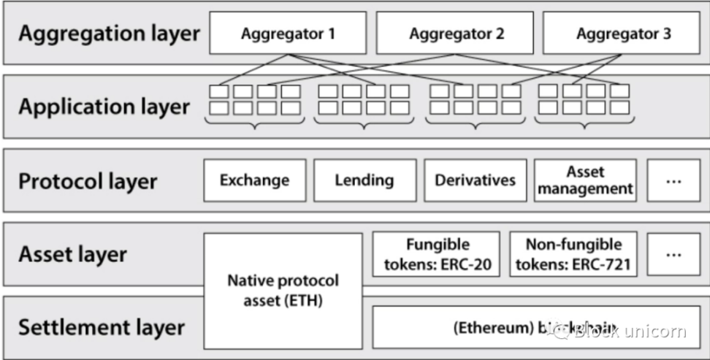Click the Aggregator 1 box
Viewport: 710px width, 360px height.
pyautogui.click(x=289, y=34)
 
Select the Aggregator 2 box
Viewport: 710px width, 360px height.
pyautogui.click(x=456, y=34)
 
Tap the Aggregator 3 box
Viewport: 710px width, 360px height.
pyautogui.click(x=623, y=34)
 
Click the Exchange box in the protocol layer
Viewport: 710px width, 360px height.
pyautogui.click(x=254, y=180)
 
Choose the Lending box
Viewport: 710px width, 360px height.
pyautogui.click(x=364, y=180)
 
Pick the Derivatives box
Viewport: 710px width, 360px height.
pyautogui.click(x=475, y=180)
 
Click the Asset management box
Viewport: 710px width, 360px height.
pyautogui.click(x=585, y=180)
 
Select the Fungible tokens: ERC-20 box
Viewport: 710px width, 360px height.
pyautogui.click(x=437, y=254)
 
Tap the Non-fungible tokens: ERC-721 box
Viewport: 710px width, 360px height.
pyautogui.click(x=573, y=254)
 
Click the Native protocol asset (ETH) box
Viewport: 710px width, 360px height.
pyautogui.click(x=283, y=290)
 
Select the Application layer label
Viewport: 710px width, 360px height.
pyautogui.click(x=104, y=107)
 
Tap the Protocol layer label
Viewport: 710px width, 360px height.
pyautogui.click(x=88, y=181)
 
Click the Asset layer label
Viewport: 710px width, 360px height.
pyautogui.click(x=73, y=254)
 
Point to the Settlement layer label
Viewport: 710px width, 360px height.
pyautogui.click(x=102, y=327)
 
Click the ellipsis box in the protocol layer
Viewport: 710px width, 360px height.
pyautogui.click(x=673, y=180)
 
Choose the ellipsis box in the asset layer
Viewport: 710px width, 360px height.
pyautogui.click(x=673, y=254)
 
